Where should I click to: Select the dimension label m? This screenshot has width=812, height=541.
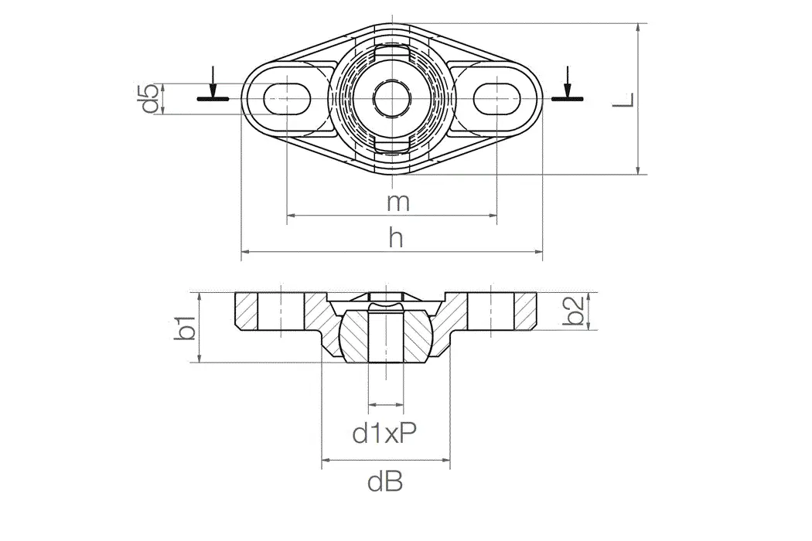click(397, 202)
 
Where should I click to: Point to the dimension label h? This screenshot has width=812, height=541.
click(396, 239)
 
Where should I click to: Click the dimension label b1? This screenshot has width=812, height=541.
click(185, 327)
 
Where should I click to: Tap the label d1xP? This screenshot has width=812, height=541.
click(385, 434)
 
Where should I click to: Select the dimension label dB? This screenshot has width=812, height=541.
click(385, 483)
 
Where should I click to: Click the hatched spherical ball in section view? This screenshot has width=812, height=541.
click(353, 336)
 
